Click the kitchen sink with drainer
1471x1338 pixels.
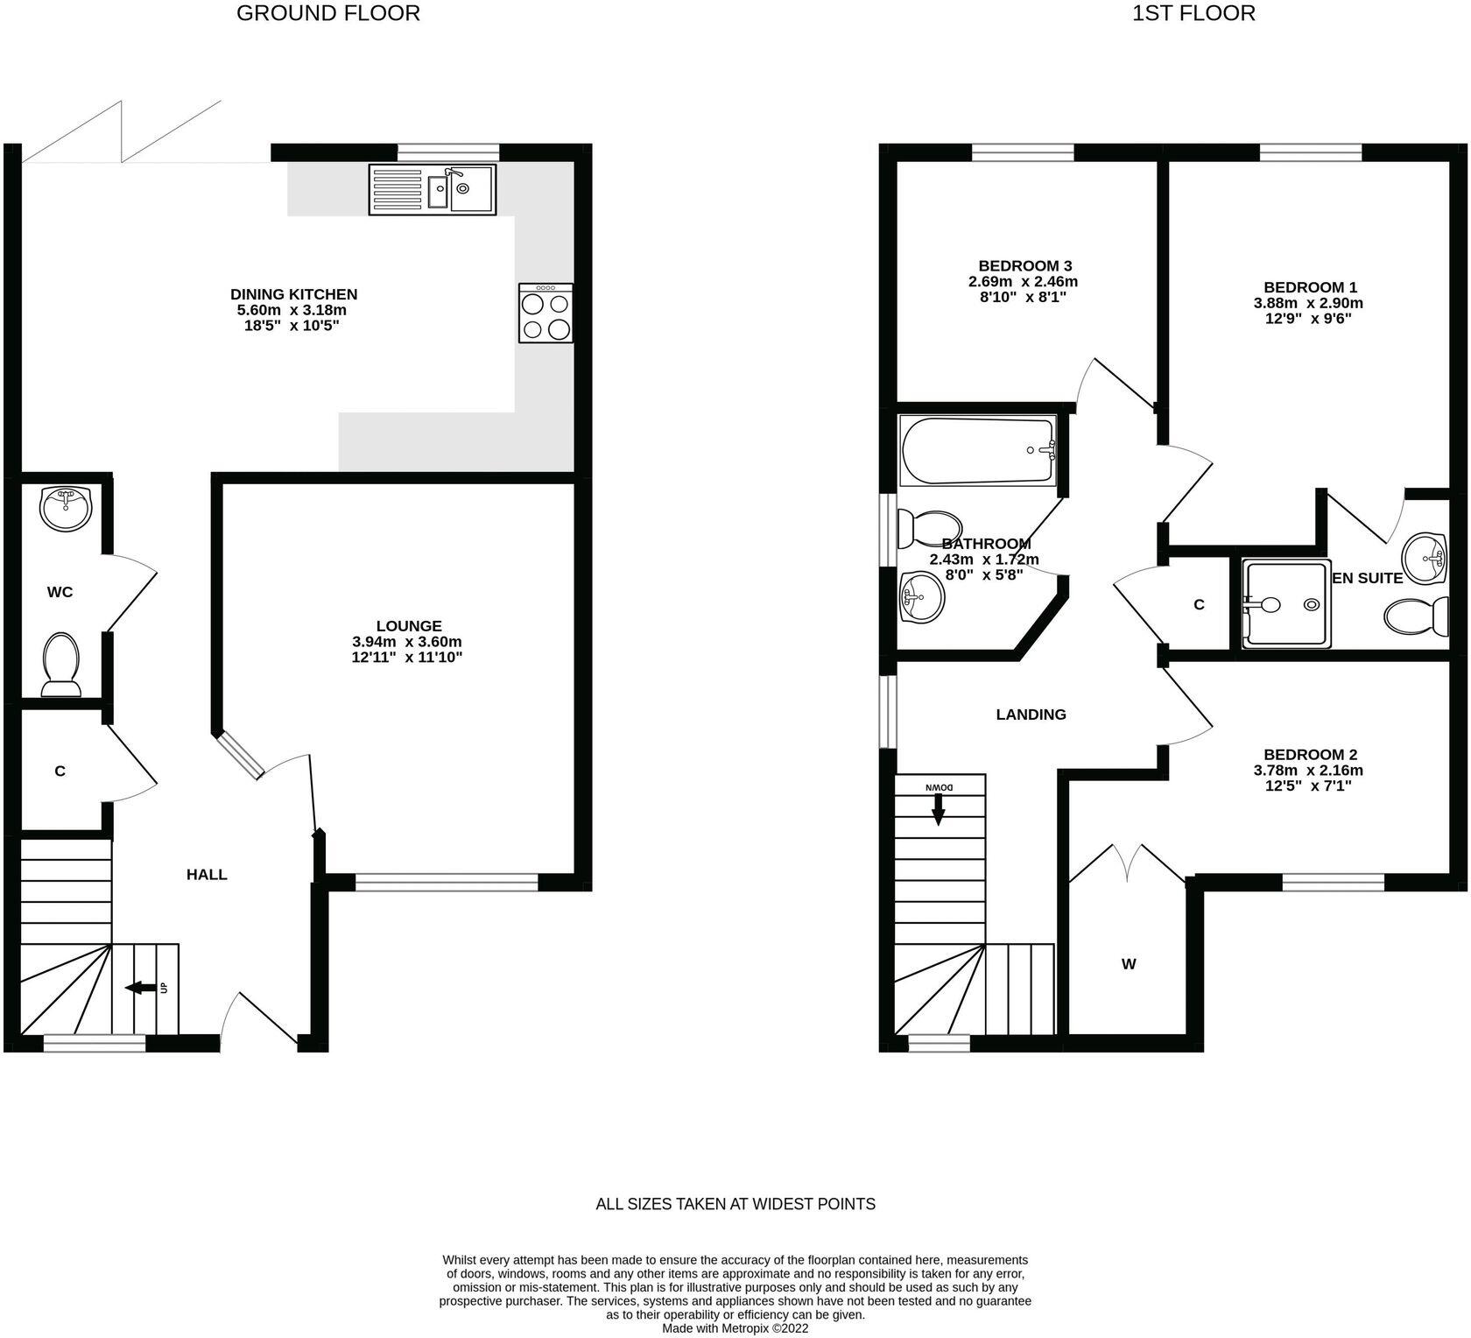[x=433, y=189]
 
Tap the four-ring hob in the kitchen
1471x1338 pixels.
[x=545, y=313]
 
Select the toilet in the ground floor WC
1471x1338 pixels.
[x=60, y=664]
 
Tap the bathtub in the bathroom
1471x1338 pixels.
[x=977, y=451]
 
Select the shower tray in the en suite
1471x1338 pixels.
[x=1285, y=604]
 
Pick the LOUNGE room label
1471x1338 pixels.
[x=409, y=626]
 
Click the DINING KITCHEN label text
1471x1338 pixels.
[x=293, y=294]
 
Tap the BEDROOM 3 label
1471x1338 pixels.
[x=1024, y=265]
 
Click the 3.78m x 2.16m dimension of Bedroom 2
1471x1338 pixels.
[x=1308, y=771]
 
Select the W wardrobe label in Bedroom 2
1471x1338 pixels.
[x=1129, y=964]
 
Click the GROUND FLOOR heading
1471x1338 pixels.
[x=327, y=13]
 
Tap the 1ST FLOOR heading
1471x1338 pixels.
[x=1193, y=13]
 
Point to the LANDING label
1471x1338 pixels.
[x=1031, y=715]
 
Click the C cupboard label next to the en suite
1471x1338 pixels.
[x=1199, y=604]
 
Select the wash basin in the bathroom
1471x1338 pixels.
[x=922, y=597]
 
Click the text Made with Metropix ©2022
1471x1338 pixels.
[x=735, y=1328]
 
